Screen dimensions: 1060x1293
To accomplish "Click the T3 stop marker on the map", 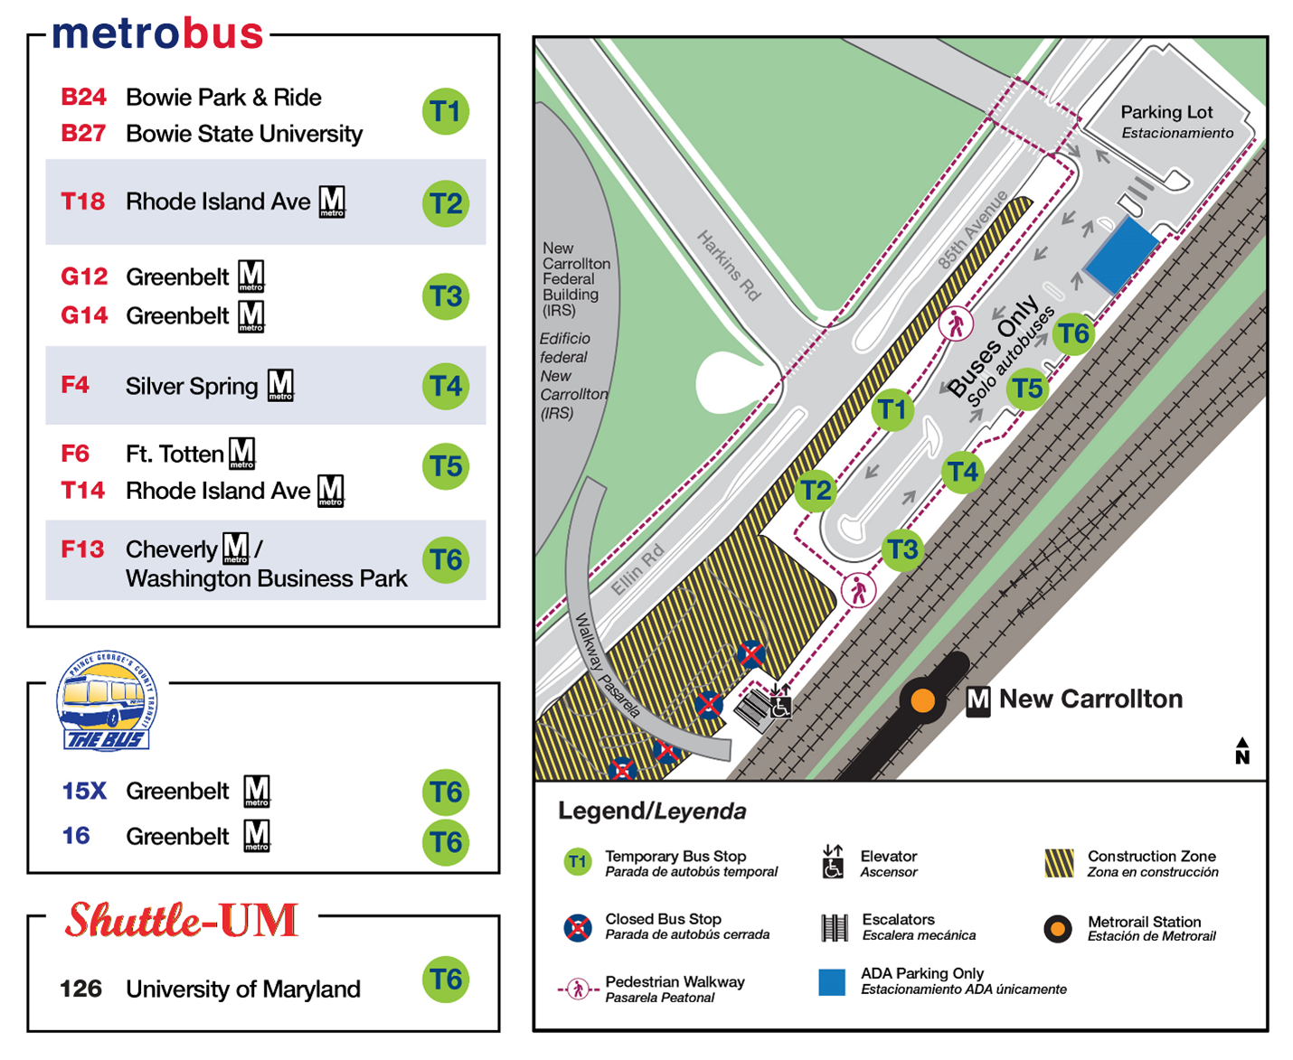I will coord(902,549).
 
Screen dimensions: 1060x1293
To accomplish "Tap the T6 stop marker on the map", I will coord(1074,334).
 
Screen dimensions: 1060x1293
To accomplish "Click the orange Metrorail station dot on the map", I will coord(922,700).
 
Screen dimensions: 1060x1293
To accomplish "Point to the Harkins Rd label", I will coord(729,265).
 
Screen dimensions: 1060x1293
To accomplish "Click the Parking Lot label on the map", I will coord(1166,112).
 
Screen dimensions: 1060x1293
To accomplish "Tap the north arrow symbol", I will coord(1242,751).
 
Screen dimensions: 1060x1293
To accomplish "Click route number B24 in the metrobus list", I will coord(83,98).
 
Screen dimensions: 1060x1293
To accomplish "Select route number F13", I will coord(82,549).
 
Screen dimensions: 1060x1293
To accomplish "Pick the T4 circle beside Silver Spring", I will coord(446,387).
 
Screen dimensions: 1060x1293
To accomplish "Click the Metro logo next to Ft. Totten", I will coord(242,453).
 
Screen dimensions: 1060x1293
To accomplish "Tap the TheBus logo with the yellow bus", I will coord(107,701).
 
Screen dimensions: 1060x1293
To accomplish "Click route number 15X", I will coord(84,792).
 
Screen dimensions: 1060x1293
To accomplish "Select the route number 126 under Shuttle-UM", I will coord(80,989).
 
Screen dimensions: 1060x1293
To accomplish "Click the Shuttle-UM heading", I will coord(182,921).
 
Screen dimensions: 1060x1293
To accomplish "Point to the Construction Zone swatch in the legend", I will coord(1059,863).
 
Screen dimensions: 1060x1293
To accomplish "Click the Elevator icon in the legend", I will coord(833,862).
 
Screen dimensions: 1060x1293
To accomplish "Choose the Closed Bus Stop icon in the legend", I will coord(578,926).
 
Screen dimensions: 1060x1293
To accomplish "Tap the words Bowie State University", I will coord(244,134).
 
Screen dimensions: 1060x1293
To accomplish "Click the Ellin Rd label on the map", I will coord(638,569).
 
